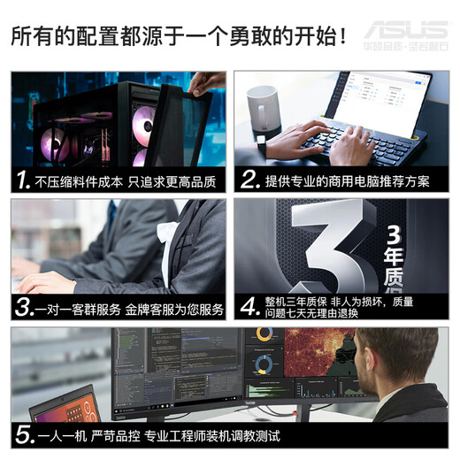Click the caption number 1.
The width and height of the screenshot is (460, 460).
24,181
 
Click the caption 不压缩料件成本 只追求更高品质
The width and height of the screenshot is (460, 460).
127,181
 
